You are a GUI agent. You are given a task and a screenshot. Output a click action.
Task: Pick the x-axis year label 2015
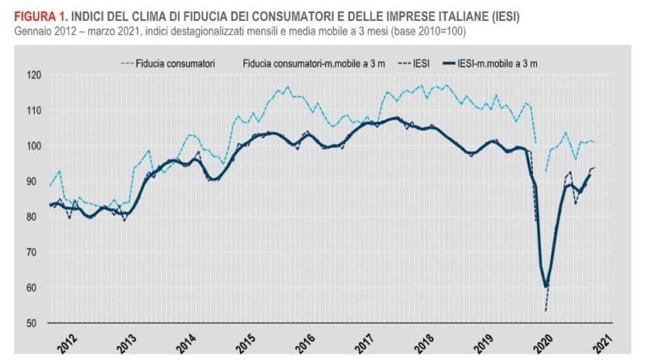[245, 341]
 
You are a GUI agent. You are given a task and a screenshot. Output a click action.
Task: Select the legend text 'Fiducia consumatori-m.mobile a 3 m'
[312, 61]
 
